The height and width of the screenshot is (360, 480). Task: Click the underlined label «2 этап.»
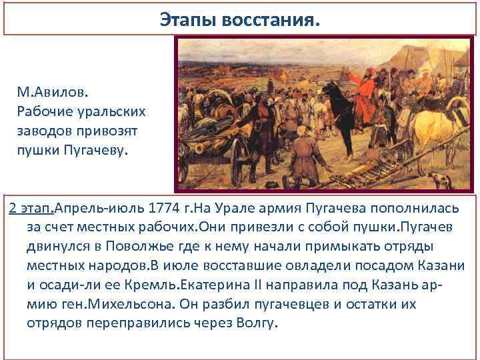click(x=31, y=207)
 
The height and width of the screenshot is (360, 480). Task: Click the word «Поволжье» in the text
click(x=171, y=246)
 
